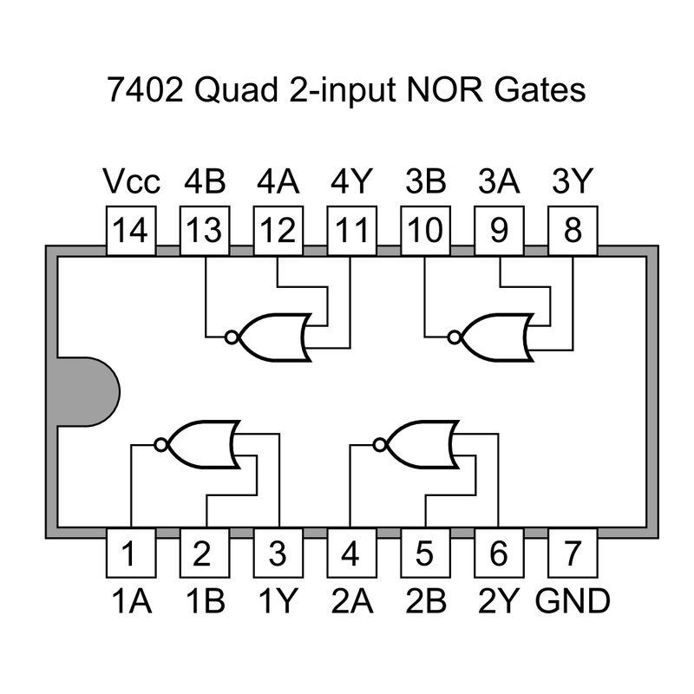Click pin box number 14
[131, 231]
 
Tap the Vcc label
[131, 183]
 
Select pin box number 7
[572, 553]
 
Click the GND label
[573, 600]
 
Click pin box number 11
[351, 231]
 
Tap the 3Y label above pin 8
[572, 183]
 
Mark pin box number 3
[278, 553]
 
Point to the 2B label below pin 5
[425, 600]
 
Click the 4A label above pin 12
[278, 183]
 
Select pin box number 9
[498, 231]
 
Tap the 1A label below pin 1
[131, 600]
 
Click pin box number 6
[498, 553]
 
